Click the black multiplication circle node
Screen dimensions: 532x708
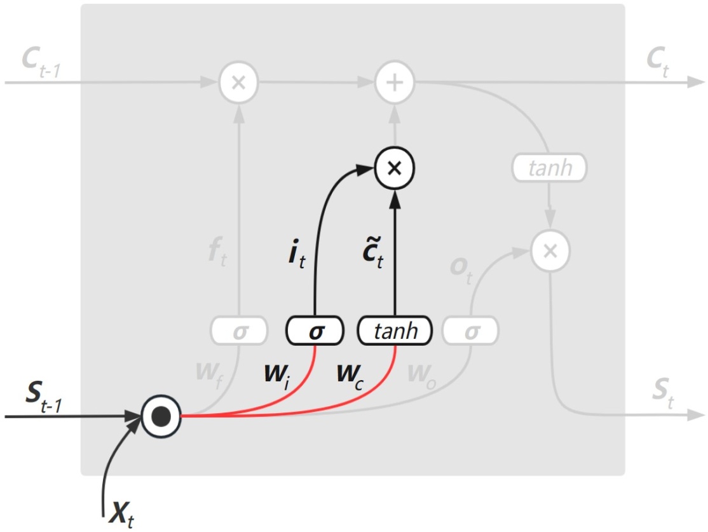[394, 168]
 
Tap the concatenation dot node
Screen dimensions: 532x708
[161, 417]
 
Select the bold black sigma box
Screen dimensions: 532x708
[315, 331]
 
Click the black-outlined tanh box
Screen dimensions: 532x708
[396, 331]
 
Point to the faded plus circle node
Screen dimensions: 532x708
[394, 83]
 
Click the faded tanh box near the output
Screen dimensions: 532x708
[550, 168]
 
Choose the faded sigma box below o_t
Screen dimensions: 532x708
[471, 331]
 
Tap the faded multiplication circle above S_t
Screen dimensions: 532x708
[550, 250]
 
